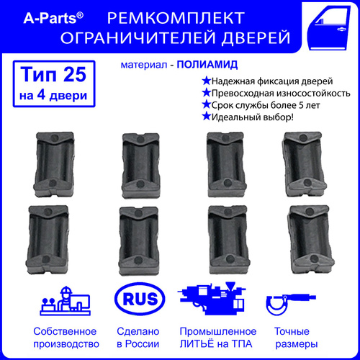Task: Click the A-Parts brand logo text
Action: click(x=53, y=18)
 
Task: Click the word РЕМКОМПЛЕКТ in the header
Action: click(x=176, y=18)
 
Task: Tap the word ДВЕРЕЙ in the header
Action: click(x=256, y=37)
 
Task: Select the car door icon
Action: click(x=328, y=27)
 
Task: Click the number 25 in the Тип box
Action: click(x=75, y=74)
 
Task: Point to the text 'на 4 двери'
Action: click(x=53, y=95)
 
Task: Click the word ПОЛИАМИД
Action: click(x=207, y=65)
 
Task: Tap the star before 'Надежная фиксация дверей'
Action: click(x=206, y=81)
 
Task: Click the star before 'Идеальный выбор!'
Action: click(x=206, y=117)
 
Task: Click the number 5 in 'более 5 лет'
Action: click(x=301, y=105)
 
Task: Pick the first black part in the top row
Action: click(x=54, y=164)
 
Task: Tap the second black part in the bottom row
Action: click(x=139, y=241)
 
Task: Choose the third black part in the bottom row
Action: click(x=229, y=240)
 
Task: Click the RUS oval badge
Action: click(x=140, y=299)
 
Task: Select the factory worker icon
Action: click(x=65, y=301)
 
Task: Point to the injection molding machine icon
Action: click(x=212, y=299)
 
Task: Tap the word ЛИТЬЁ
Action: click(x=197, y=343)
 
